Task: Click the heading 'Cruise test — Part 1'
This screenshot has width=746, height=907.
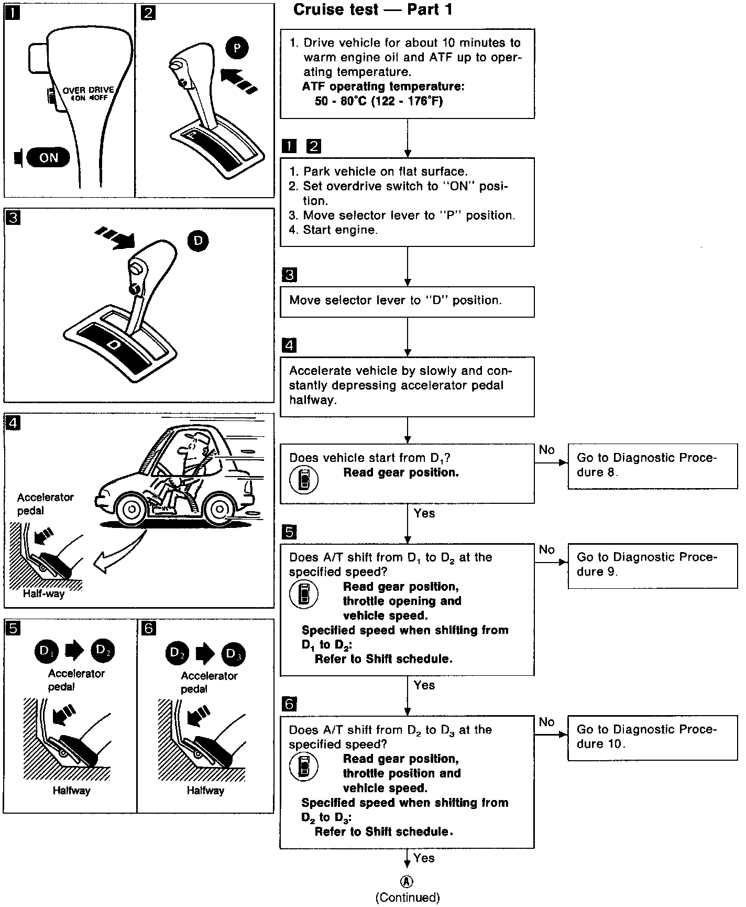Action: [x=372, y=10]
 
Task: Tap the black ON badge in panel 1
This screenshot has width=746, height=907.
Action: [x=48, y=158]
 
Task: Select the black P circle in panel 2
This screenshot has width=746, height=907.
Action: [x=237, y=48]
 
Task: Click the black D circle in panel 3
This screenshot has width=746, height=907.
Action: [x=198, y=241]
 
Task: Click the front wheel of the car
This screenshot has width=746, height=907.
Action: [x=131, y=508]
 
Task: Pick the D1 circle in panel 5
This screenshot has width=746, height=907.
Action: [x=46, y=651]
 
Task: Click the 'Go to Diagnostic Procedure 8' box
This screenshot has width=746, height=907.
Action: [x=652, y=466]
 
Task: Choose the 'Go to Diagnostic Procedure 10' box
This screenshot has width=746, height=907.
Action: [x=652, y=737]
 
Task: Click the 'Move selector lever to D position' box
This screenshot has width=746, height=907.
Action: [x=407, y=301]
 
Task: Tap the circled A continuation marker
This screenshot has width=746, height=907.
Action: [x=407, y=882]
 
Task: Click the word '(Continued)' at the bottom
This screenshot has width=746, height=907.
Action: [x=408, y=898]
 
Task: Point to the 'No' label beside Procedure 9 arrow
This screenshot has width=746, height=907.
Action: [x=546, y=549]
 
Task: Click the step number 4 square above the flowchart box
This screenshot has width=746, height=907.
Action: [x=289, y=345]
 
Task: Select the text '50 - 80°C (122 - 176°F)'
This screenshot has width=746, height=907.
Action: [x=378, y=101]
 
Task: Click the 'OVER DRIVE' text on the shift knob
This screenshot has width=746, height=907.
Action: [x=88, y=90]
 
